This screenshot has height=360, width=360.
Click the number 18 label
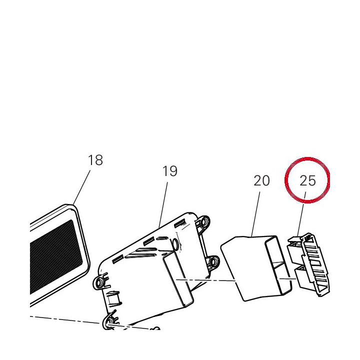[x=95, y=160]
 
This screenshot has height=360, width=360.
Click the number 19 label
[x=170, y=171]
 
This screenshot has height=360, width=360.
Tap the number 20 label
[x=261, y=180]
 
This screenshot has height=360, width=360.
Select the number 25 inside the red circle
[x=307, y=180]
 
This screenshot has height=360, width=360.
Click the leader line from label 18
[x=81, y=187]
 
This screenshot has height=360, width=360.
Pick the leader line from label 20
[x=256, y=214]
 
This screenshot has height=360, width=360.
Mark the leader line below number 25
[x=301, y=214]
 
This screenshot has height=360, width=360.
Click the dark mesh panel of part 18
[x=56, y=256]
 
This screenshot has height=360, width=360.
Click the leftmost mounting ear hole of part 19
[x=99, y=282]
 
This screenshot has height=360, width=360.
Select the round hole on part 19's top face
[x=175, y=244]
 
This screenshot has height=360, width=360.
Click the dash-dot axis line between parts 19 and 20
[x=205, y=280]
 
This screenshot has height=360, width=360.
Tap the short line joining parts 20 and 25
[x=287, y=278]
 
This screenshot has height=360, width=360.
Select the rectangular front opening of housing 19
[x=178, y=279]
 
